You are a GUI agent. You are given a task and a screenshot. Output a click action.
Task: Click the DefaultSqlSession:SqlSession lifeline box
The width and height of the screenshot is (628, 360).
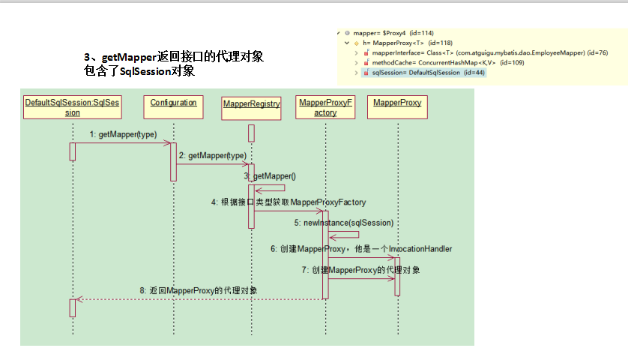click(x=72, y=107)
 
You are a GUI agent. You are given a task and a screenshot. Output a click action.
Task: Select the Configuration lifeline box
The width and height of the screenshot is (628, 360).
click(x=173, y=107)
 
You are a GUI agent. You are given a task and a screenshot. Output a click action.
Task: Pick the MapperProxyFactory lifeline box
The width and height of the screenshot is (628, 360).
click(x=325, y=107)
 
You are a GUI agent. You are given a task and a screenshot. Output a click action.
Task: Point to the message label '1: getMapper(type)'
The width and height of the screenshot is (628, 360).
click(x=123, y=134)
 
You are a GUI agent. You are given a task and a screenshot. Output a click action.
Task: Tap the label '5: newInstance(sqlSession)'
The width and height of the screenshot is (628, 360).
click(x=343, y=223)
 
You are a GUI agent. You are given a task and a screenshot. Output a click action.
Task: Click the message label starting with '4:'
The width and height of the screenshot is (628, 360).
click(x=289, y=202)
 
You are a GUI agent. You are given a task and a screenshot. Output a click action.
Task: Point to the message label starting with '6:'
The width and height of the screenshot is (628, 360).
click(x=361, y=249)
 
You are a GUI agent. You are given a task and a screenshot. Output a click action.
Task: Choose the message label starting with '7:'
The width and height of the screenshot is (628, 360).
click(x=361, y=270)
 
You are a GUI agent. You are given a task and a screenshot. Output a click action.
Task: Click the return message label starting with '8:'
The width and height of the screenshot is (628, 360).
click(x=199, y=290)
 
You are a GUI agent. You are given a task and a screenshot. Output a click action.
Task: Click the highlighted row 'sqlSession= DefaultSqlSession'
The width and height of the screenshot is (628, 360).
click(x=417, y=73)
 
